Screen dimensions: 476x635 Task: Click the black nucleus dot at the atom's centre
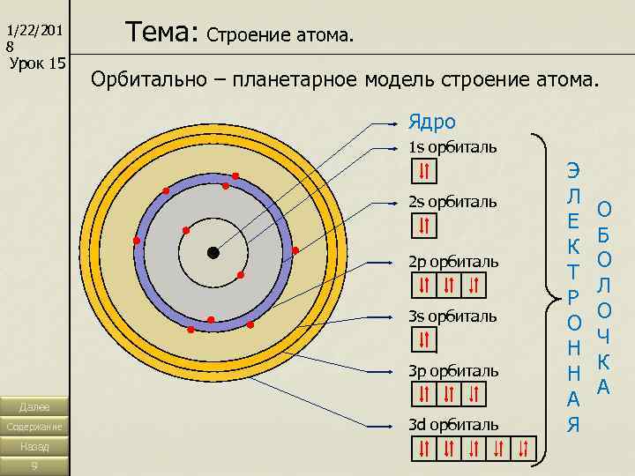click(213, 252)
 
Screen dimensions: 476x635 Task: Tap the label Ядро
click(431, 121)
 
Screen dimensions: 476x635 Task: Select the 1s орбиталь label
click(452, 145)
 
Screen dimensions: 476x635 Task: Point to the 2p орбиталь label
click(453, 262)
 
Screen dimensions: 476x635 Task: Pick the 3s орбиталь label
click(452, 316)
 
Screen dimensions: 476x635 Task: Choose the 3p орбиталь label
click(453, 370)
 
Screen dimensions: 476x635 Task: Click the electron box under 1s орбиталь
click(424, 170)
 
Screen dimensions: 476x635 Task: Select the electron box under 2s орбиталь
click(424, 226)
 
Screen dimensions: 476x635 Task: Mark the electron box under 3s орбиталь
click(424, 339)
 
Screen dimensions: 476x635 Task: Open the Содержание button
click(34, 427)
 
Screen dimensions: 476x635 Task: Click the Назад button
click(34, 447)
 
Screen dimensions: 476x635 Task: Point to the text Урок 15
click(37, 63)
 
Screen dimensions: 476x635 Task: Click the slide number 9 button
click(34, 466)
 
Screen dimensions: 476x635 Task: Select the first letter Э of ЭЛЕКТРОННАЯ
click(573, 170)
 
